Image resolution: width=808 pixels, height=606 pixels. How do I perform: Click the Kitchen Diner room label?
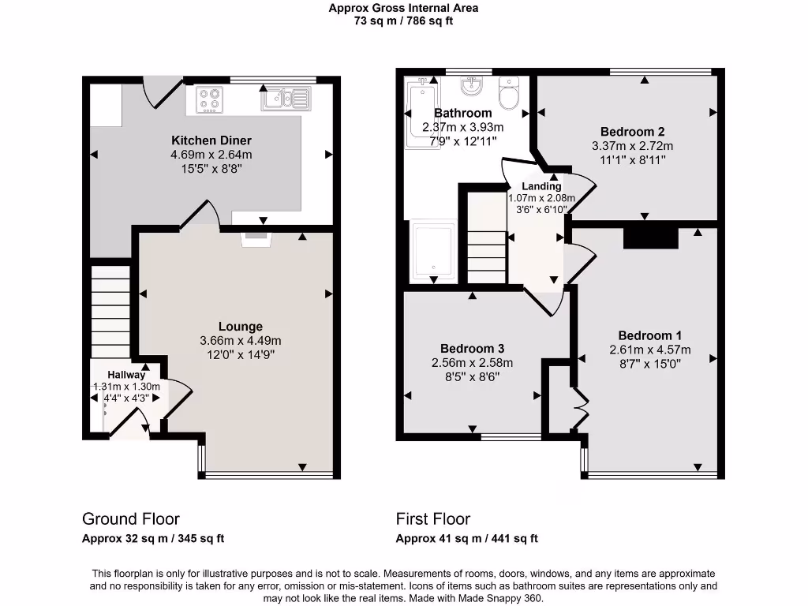coord(211,140)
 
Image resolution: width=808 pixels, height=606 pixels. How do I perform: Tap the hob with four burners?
coord(209,99)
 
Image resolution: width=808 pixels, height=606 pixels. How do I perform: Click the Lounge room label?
coord(241,327)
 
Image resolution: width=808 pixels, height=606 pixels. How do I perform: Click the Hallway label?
coord(126,375)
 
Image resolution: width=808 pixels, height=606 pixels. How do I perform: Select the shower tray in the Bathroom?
coord(432,251)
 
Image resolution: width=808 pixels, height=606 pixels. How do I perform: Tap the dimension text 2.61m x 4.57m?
coord(649,350)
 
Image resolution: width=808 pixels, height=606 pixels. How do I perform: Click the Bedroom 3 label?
coord(472,349)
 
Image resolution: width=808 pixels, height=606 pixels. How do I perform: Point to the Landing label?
coord(541,186)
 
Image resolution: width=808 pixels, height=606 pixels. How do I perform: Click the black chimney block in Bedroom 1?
coord(650,238)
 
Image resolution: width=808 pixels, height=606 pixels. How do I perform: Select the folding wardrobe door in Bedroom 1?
coord(581,408)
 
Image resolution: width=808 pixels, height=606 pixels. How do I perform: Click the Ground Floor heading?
coord(130,518)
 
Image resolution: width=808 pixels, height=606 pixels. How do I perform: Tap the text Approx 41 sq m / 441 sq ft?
coord(466,539)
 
